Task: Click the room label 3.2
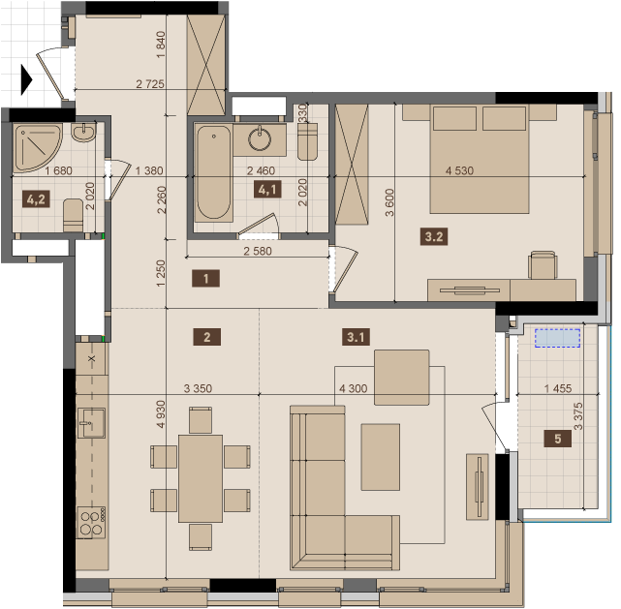434,236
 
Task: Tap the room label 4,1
267,190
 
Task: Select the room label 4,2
36,199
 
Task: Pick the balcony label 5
558,439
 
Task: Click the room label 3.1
356,337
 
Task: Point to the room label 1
206,279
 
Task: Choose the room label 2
206,337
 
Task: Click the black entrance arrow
26,80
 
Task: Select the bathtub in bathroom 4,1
213,172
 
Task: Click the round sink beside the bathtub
260,138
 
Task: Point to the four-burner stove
91,522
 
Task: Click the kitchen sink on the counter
91,423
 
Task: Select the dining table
201,478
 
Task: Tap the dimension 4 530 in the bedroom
459,170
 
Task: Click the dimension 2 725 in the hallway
150,84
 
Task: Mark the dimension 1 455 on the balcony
558,388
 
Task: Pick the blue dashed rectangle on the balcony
558,338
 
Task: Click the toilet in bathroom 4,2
74,215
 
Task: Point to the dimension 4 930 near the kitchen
161,414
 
